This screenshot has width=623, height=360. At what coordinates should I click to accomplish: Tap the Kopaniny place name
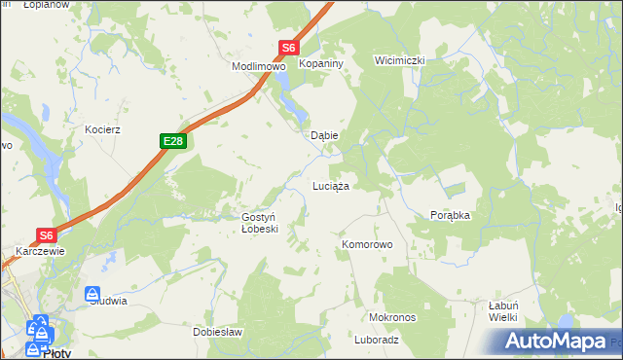(318, 63)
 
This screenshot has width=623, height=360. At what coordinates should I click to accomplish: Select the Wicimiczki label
(400, 60)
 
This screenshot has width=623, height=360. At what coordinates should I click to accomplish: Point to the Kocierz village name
(102, 128)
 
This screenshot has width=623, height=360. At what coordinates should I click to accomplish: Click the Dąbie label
(323, 136)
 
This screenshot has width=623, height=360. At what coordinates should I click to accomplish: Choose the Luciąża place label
(330, 184)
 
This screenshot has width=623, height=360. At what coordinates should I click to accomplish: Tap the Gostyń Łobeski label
(260, 223)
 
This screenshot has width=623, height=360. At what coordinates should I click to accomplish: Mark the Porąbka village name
(450, 215)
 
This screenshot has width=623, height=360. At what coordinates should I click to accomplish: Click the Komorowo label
(366, 244)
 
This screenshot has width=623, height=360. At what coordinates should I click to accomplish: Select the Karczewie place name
(40, 250)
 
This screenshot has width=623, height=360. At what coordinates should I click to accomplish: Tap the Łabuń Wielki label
(502, 310)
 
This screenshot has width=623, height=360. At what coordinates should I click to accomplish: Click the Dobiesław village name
(217, 332)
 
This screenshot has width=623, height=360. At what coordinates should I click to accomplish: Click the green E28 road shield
(172, 142)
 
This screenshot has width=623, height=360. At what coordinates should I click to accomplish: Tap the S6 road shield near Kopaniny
(288, 47)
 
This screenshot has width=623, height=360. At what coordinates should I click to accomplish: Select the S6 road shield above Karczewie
(47, 234)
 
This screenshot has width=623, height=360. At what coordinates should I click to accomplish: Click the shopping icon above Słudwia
(92, 293)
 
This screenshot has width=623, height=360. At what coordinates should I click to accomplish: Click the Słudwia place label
(108, 301)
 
